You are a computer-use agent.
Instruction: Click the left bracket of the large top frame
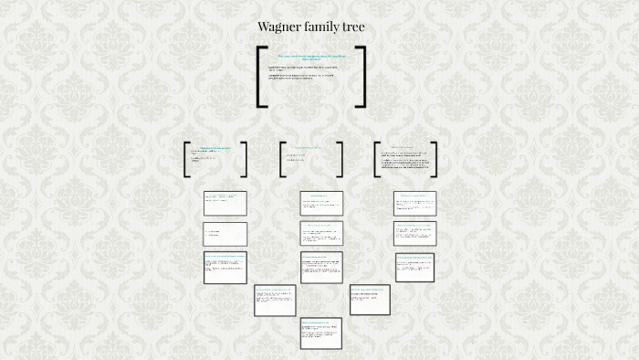pyautogui.click(x=261, y=77)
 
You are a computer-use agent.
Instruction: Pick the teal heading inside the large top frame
pyautogui.click(x=312, y=57)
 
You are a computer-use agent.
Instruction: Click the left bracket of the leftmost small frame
pyautogui.click(x=187, y=159)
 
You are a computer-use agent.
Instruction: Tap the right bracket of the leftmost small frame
pyautogui.click(x=244, y=159)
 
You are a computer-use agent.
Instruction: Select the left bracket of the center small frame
pyautogui.click(x=283, y=159)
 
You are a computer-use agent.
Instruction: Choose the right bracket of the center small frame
pyautogui.click(x=340, y=159)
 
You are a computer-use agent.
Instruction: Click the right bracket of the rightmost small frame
pyautogui.click(x=434, y=159)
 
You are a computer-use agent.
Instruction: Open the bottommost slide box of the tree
pyautogui.click(x=320, y=333)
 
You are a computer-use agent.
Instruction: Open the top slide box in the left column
pyautogui.click(x=225, y=203)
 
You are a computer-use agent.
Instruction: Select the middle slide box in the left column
pyautogui.click(x=225, y=233)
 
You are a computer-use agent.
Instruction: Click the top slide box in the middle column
pyautogui.click(x=321, y=203)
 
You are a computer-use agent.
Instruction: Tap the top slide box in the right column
pyautogui.click(x=414, y=203)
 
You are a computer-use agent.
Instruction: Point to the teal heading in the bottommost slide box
pyautogui.click(x=315, y=323)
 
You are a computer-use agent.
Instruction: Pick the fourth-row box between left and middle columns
pyautogui.click(x=275, y=300)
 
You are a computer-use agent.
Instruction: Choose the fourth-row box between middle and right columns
pyautogui.click(x=370, y=300)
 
